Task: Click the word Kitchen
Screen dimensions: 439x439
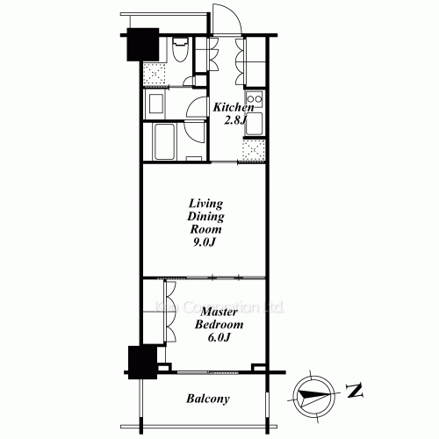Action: click(234, 107)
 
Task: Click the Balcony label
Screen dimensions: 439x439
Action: click(208, 399)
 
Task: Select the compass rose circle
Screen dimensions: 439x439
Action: click(312, 391)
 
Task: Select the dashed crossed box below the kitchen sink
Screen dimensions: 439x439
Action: click(253, 151)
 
